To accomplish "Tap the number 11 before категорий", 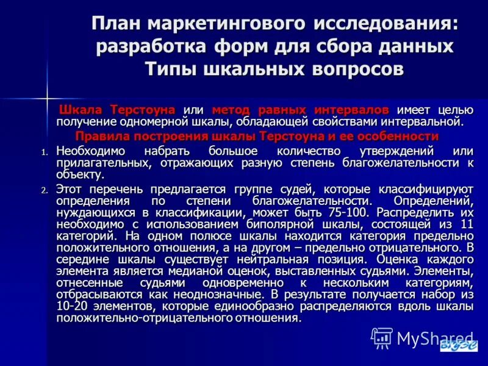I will [x=467, y=224].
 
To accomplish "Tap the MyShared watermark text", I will [x=435, y=338].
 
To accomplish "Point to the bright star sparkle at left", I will [x=47, y=98].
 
